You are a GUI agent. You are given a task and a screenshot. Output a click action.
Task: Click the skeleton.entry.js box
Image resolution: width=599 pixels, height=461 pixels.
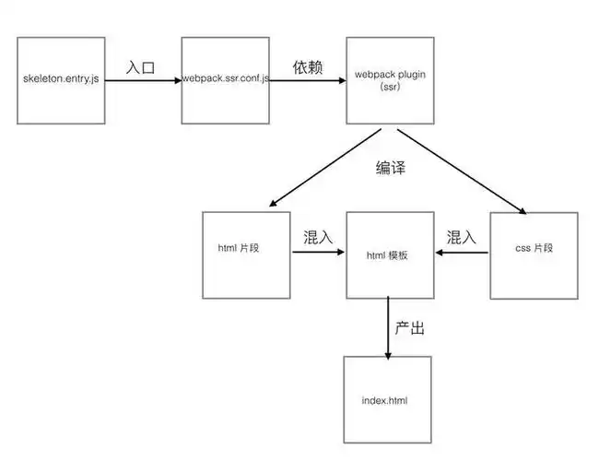63,81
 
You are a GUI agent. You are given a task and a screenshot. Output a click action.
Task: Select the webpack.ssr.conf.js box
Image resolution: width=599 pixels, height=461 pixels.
226,81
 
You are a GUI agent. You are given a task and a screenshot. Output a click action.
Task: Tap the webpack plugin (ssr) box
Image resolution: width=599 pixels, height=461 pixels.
388,81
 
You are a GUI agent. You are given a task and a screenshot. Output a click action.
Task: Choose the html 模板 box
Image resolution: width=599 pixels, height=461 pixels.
388,254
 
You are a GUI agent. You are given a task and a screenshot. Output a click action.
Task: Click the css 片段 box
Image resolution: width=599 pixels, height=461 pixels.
534,254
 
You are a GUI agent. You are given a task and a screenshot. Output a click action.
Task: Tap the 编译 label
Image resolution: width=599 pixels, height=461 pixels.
391,168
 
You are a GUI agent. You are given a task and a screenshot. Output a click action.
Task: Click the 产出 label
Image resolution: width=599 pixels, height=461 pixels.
410,327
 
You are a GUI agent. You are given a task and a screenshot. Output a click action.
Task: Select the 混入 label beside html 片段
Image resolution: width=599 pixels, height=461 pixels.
319,237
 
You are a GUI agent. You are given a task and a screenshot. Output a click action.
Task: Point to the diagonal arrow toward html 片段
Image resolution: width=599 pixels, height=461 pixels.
323,168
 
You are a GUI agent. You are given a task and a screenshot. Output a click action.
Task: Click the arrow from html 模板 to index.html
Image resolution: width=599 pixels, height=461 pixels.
388,327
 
